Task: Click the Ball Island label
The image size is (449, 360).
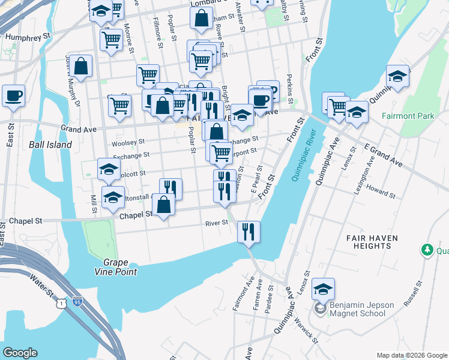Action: pyautogui.click(x=50, y=145)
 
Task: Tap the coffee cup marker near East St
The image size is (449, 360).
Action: pyautogui.click(x=13, y=96)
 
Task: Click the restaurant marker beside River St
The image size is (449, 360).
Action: pyautogui.click(x=249, y=232)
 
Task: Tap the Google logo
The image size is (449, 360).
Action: pyautogui.click(x=20, y=353)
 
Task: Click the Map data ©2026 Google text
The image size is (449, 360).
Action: pyautogui.click(x=411, y=355)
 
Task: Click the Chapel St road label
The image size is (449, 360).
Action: pyautogui.click(x=135, y=215)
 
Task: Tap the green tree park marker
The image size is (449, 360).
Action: pyautogui.click(x=427, y=249)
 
